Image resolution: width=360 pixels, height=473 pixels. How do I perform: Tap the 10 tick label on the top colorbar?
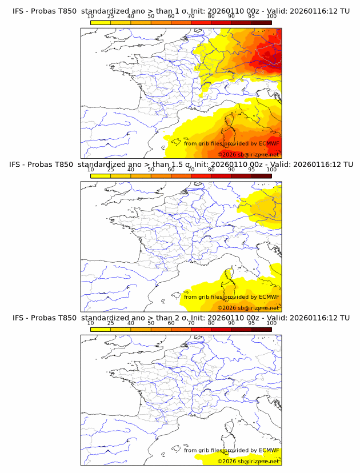click(91, 17)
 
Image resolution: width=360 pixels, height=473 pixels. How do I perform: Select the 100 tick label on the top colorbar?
click(271, 17)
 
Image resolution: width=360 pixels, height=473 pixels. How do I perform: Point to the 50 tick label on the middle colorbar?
click(151, 170)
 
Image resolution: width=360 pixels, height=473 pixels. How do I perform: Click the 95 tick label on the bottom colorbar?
click(251, 323)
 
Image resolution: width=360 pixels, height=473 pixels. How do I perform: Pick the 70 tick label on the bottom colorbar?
click(191, 323)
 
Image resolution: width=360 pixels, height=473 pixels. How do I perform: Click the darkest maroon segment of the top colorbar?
click(261, 22)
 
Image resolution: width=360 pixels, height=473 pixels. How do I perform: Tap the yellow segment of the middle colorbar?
click(101, 175)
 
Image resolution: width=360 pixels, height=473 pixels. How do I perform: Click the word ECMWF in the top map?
click(269, 143)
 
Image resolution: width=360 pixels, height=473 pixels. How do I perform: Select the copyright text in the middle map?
click(248, 308)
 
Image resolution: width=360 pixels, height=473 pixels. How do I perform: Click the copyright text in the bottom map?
click(248, 461)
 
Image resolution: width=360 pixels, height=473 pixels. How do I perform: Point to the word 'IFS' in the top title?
click(19, 11)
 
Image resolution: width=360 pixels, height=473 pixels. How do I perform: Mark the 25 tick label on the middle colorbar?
click(111, 170)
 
